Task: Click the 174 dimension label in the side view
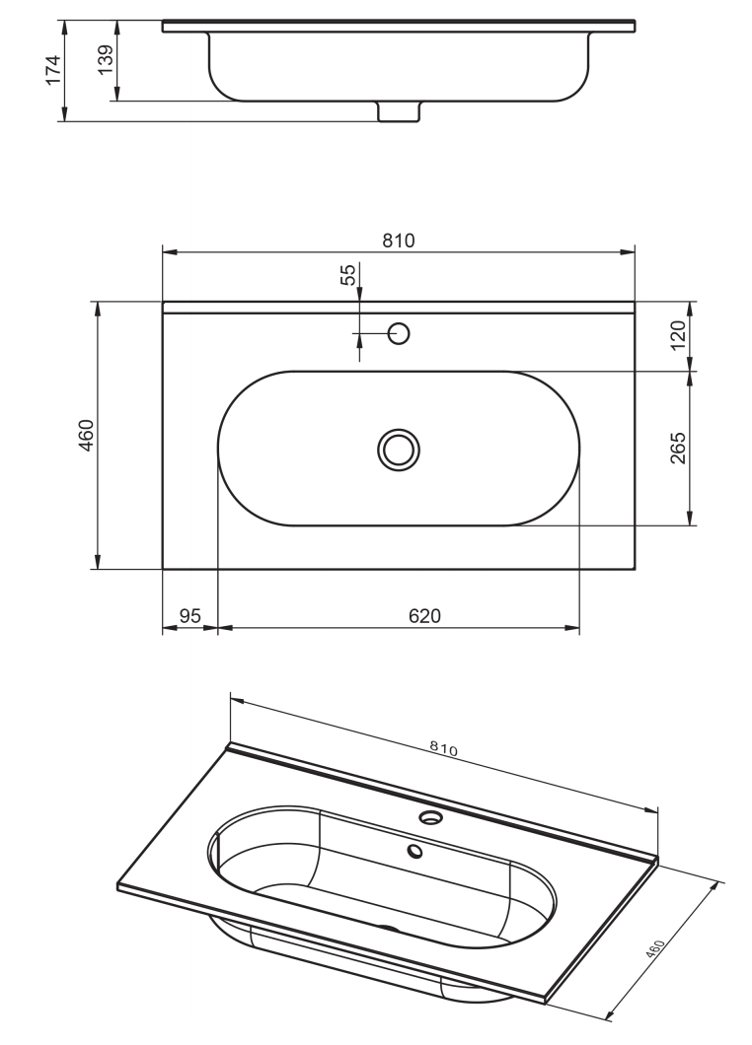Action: click(x=52, y=69)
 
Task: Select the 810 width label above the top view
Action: click(x=399, y=240)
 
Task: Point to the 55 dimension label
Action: click(x=348, y=275)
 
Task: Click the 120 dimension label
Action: click(x=677, y=335)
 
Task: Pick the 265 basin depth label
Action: click(x=677, y=448)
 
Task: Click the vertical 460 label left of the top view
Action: click(x=88, y=435)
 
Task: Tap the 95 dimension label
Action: click(x=190, y=616)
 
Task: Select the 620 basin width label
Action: click(x=424, y=616)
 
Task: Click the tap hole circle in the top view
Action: click(x=399, y=333)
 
